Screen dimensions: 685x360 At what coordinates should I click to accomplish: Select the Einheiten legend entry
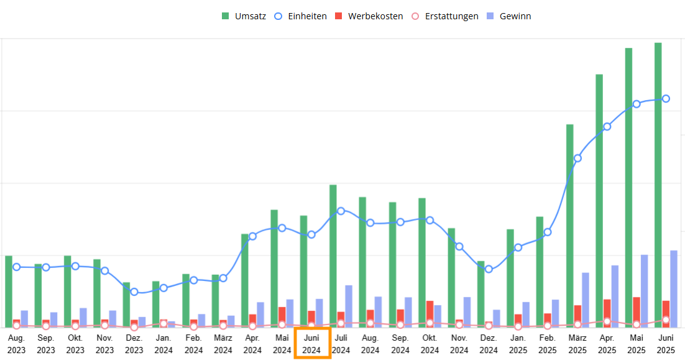pyautogui.click(x=300, y=16)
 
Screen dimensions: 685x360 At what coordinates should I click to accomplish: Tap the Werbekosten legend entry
pyautogui.click(x=369, y=16)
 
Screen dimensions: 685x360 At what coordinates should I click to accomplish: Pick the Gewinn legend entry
pyautogui.click(x=509, y=16)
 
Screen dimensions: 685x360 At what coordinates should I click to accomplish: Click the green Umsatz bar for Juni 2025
pyautogui.click(x=658, y=185)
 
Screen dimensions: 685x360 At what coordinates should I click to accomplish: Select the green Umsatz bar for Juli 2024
pyautogui.click(x=333, y=256)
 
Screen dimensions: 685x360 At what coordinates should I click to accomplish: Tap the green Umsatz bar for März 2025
pyautogui.click(x=569, y=226)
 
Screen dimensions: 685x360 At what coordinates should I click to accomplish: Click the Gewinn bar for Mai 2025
pyautogui.click(x=645, y=291)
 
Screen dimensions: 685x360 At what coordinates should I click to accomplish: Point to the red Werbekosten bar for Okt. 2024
pyautogui.click(x=430, y=314)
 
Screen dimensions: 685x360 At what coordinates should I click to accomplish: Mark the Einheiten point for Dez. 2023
pyautogui.click(x=134, y=292)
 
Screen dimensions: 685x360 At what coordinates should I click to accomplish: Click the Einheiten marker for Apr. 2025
pyautogui.click(x=607, y=127)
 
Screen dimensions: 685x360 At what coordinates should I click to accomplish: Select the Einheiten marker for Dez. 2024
pyautogui.click(x=489, y=269)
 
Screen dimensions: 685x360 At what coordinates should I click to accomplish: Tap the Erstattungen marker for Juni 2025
pyautogui.click(x=666, y=320)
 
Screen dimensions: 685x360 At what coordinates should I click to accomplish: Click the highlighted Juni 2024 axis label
pyautogui.click(x=311, y=344)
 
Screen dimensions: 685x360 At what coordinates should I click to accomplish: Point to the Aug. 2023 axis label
pyautogui.click(x=17, y=344)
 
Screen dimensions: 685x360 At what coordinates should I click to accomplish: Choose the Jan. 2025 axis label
pyautogui.click(x=518, y=344)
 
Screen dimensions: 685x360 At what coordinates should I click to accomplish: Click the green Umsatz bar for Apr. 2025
pyautogui.click(x=599, y=201)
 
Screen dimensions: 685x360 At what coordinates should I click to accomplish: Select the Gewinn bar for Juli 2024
pyautogui.click(x=349, y=307)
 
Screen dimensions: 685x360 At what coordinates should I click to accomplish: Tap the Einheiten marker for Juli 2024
pyautogui.click(x=341, y=211)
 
